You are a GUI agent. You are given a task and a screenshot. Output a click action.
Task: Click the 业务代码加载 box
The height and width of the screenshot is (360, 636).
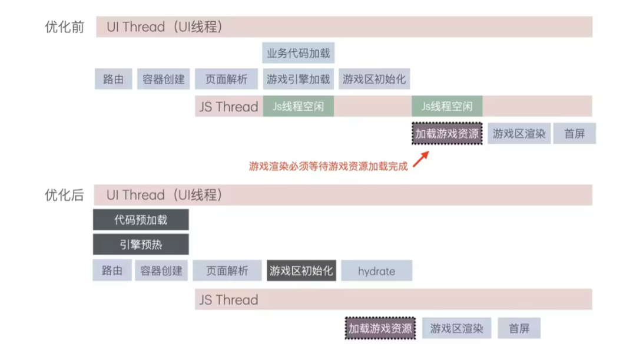[299, 54]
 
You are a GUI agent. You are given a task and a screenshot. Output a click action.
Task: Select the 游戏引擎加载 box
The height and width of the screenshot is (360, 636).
[299, 79]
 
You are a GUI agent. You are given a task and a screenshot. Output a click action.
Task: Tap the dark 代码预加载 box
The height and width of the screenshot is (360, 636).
[141, 220]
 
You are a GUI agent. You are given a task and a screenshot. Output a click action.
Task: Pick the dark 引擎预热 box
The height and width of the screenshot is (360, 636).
[141, 245]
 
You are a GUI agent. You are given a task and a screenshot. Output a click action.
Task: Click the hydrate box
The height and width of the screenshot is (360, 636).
[376, 271]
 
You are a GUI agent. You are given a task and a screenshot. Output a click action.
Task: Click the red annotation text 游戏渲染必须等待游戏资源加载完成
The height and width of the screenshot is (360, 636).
[328, 166]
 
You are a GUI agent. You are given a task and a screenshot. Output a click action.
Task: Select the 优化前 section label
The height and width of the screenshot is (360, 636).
[65, 27]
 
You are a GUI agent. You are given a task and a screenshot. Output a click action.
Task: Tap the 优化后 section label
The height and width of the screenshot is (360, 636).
[65, 195]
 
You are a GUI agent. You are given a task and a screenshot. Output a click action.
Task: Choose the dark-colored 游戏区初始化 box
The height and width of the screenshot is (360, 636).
[302, 271]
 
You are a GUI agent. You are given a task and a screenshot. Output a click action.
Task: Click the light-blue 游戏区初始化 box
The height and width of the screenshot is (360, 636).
[375, 79]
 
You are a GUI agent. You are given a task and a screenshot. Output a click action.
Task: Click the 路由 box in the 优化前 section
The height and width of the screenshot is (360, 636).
[113, 79]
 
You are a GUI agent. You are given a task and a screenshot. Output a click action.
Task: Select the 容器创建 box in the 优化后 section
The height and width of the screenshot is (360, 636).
[161, 271]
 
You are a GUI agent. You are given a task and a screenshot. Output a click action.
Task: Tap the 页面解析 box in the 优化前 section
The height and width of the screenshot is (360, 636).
[226, 79]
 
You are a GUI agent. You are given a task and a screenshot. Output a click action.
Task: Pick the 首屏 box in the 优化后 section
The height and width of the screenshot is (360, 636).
[519, 328]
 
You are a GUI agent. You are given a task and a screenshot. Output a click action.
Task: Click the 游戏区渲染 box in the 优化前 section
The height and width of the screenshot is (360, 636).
[519, 134]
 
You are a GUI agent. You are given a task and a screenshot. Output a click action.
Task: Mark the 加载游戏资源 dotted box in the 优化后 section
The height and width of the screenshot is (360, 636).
[380, 328]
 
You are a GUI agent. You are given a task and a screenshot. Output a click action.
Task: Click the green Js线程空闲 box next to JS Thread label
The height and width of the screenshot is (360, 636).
[299, 107]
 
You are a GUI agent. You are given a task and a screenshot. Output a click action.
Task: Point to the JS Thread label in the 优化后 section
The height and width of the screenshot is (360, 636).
[228, 299]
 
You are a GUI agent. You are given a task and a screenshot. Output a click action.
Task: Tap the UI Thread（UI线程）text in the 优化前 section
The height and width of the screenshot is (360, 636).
[165, 27]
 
